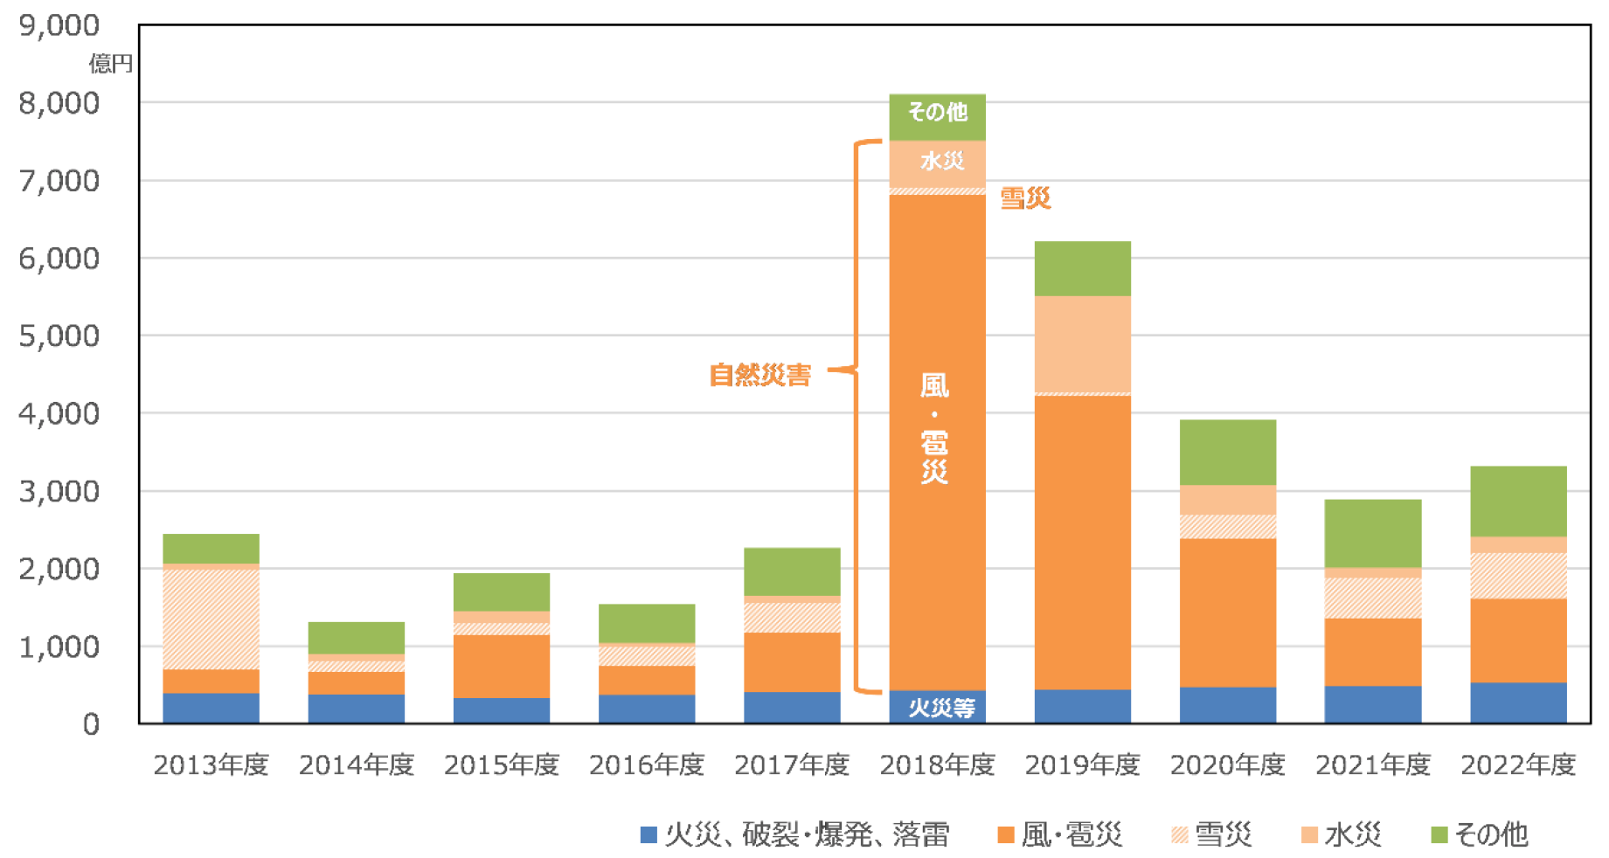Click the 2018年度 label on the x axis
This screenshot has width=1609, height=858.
pyautogui.click(x=937, y=765)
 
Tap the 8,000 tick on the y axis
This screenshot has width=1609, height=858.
pyautogui.click(x=59, y=103)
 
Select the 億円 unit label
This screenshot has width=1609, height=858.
pyautogui.click(x=110, y=64)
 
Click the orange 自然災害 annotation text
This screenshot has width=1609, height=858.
pyautogui.click(x=759, y=375)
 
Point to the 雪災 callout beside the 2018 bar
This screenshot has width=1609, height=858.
pyautogui.click(x=1025, y=198)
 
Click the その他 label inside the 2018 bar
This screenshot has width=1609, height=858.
pyautogui.click(x=937, y=112)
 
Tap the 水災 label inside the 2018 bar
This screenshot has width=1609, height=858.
pyautogui.click(x=941, y=161)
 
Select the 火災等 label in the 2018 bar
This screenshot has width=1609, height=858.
pyautogui.click(x=941, y=707)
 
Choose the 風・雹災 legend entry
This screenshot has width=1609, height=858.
pyautogui.click(x=1060, y=835)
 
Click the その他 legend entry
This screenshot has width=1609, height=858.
pyautogui.click(x=1480, y=835)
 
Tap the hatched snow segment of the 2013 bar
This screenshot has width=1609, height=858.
pyautogui.click(x=211, y=619)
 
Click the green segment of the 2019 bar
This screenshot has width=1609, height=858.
pyautogui.click(x=1082, y=268)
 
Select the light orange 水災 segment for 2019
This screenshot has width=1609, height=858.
pyautogui.click(x=1082, y=344)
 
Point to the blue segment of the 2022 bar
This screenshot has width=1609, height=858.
pyautogui.click(x=1518, y=702)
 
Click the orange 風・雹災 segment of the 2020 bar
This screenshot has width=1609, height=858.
pyautogui.click(x=1227, y=612)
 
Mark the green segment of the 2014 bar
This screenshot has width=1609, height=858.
pyautogui.click(x=356, y=638)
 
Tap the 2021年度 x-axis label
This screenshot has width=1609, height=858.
pyautogui.click(x=1372, y=765)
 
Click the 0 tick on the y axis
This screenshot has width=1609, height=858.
pyautogui.click(x=91, y=724)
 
